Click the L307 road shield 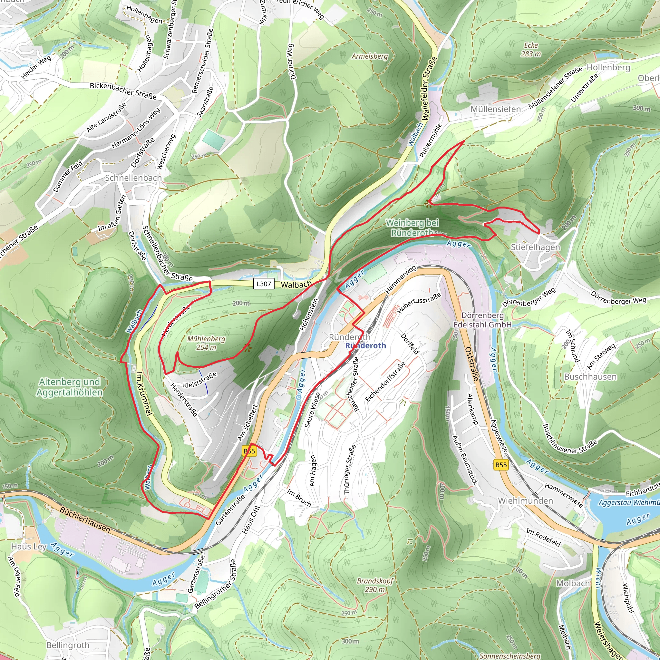(x=263, y=284)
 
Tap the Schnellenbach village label (x=133, y=178)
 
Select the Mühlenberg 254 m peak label (x=206, y=343)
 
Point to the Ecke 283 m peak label (x=531, y=50)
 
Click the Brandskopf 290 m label (x=375, y=585)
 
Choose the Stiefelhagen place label (x=535, y=247)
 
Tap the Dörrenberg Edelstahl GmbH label (x=482, y=320)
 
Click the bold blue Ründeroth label (x=365, y=346)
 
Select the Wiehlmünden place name (x=525, y=501)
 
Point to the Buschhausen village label (x=590, y=377)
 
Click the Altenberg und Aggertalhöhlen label (x=70, y=387)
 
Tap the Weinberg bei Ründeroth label (x=412, y=228)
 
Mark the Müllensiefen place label (x=496, y=109)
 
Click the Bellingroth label (x=68, y=645)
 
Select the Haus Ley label (x=29, y=547)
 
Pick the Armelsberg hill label (x=370, y=56)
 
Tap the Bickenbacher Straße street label (x=123, y=91)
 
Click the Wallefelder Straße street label (x=430, y=88)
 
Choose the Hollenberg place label (x=608, y=67)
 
